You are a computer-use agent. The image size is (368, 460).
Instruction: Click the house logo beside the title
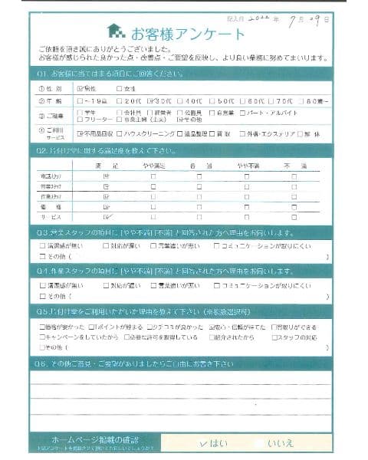(116, 31)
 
